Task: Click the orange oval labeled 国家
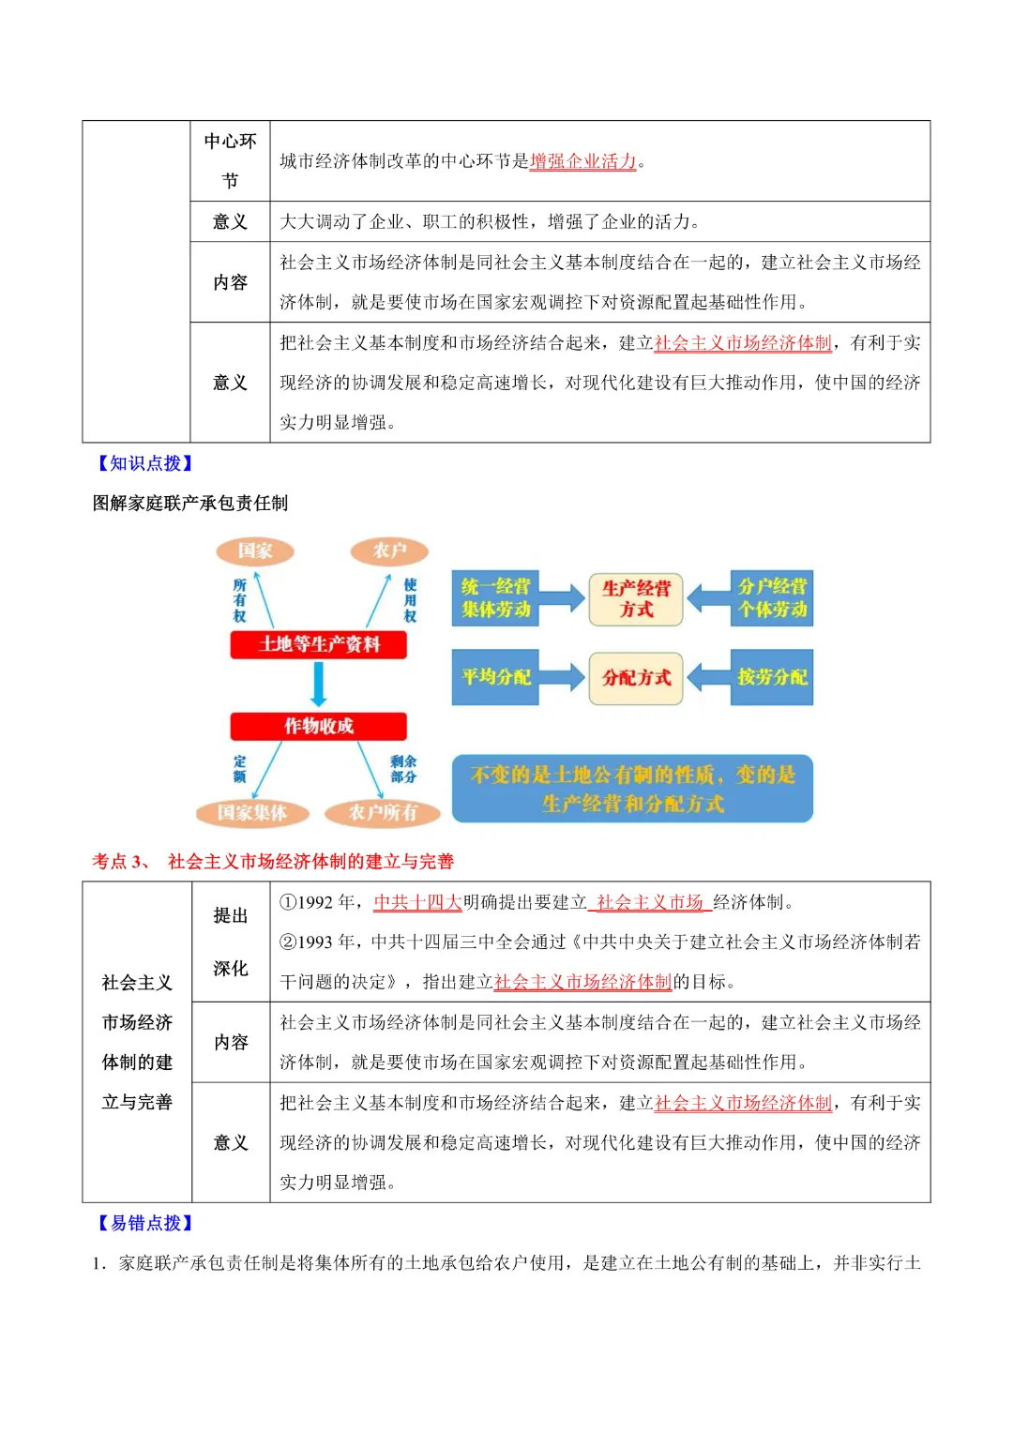point(255,550)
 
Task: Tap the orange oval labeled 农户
point(389,550)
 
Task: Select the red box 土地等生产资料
point(319,644)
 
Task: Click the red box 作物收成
point(319,726)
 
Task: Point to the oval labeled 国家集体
point(252,812)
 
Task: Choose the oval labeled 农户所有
point(383,812)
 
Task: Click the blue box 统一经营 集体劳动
point(495,598)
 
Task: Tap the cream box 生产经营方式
point(636,598)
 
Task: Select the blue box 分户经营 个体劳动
point(772,598)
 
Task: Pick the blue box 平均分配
point(495,677)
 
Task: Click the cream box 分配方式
point(636,677)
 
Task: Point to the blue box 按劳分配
point(772,677)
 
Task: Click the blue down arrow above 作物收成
point(319,685)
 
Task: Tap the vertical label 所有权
point(239,600)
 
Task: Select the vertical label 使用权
point(410,600)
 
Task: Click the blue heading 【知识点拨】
point(145,463)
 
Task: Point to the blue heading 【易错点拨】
point(145,1223)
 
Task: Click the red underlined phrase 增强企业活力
point(582,161)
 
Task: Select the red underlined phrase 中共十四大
point(417,902)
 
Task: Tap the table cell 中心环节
point(230,160)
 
